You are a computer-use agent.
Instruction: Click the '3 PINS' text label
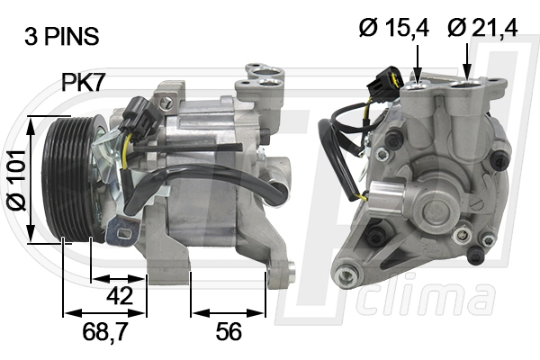point(61,37)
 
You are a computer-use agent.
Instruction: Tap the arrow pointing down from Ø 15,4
point(418,63)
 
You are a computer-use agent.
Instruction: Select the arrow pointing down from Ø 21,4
point(467,63)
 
